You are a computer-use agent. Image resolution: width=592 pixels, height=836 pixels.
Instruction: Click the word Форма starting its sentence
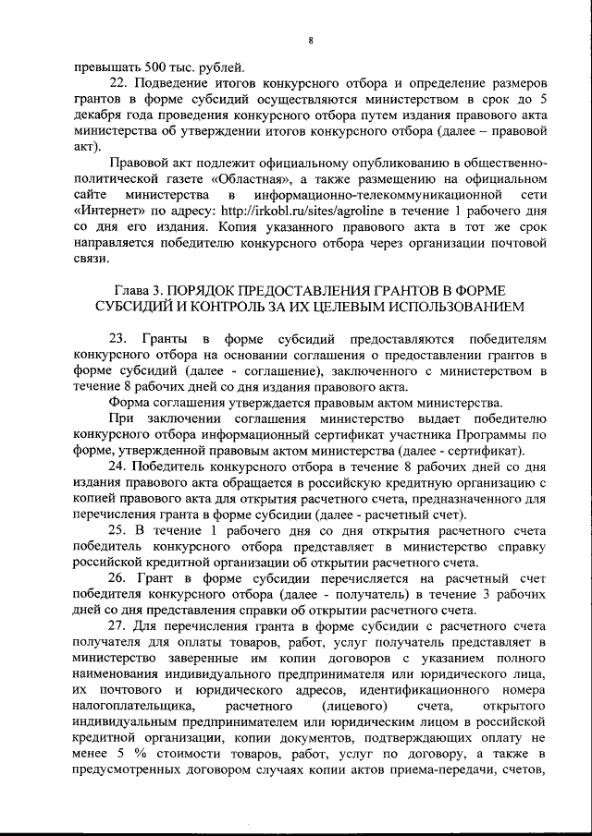tap(129, 403)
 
